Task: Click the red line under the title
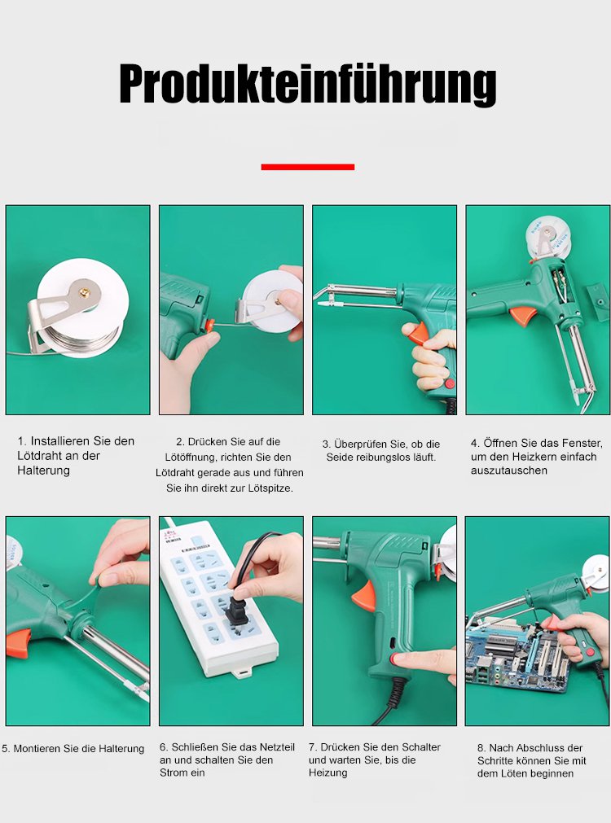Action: pos(308,167)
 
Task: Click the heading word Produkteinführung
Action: pos(308,84)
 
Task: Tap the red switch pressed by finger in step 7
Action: pos(393,659)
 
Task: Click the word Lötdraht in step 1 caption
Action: pos(37,456)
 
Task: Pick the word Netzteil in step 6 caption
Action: pos(275,747)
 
